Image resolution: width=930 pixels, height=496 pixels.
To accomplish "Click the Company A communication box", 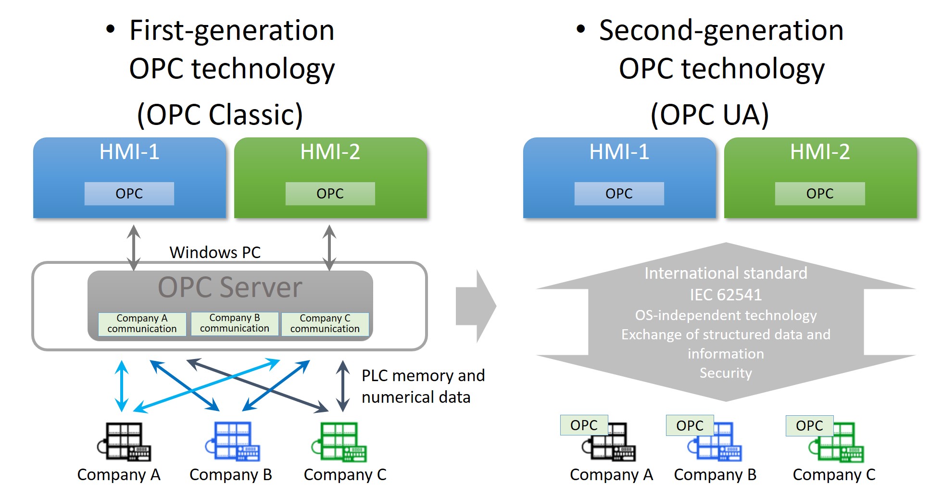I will [142, 323].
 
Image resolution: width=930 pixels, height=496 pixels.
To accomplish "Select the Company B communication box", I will [235, 323].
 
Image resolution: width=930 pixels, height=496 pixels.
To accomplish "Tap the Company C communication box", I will [325, 323].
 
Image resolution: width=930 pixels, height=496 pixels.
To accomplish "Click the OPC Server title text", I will [230, 287].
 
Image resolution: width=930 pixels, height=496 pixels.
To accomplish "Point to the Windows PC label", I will [215, 252].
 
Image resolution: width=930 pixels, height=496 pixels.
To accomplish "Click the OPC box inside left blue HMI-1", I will [129, 193].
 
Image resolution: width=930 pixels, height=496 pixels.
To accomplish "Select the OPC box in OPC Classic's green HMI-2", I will [330, 193].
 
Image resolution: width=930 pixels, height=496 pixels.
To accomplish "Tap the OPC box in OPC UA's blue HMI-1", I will [619, 193].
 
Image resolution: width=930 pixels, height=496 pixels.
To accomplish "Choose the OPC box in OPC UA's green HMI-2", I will [819, 193].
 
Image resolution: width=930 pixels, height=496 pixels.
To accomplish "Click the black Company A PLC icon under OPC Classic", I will [124, 442].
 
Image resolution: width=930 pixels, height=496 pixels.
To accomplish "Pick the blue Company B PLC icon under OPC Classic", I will [233, 442].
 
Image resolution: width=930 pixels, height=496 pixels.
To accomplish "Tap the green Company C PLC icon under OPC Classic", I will [339, 442].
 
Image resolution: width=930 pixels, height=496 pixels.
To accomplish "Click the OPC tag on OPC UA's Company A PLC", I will [584, 425].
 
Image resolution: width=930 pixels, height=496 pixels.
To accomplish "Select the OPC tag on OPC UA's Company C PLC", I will [809, 425].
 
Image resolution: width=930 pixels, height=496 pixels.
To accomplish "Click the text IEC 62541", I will [726, 294].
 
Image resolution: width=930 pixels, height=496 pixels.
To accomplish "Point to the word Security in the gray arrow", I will [726, 373].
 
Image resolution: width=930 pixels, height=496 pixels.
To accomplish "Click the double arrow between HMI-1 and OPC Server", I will [134, 248].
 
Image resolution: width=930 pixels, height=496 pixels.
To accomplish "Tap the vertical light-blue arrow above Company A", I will [122, 386].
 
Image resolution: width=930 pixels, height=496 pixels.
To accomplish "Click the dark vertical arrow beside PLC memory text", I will [342, 386].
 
